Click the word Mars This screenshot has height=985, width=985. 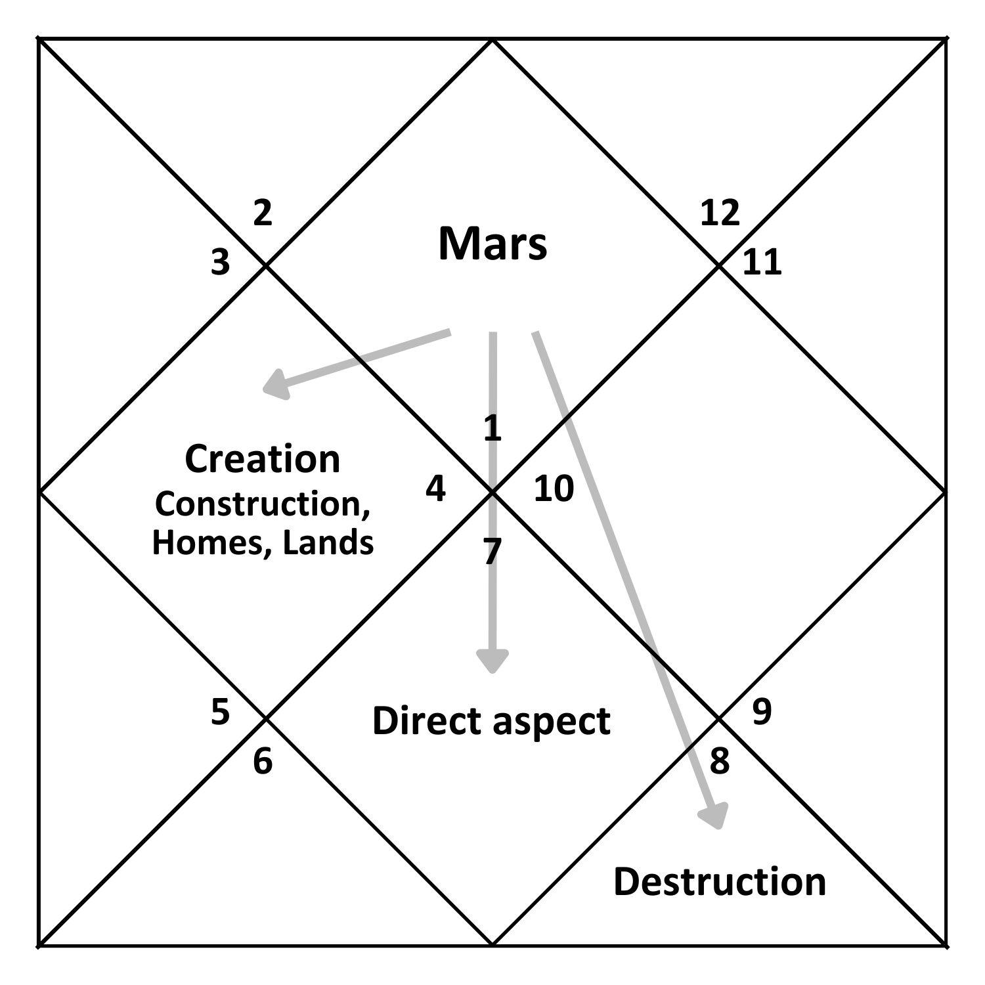click(492, 244)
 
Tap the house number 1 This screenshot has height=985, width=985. click(492, 429)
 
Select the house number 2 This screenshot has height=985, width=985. click(263, 213)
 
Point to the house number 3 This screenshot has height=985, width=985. click(221, 262)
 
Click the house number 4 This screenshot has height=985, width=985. click(435, 489)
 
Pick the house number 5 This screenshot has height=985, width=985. click(221, 712)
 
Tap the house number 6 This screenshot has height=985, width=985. click(263, 762)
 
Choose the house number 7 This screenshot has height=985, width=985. click(492, 552)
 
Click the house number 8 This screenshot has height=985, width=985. click(720, 761)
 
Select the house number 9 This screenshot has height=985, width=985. click(762, 712)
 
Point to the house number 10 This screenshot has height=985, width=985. click(554, 489)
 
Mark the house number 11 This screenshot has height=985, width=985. click(762, 262)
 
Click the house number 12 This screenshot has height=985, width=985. click(720, 213)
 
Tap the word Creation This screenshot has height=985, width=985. click(263, 459)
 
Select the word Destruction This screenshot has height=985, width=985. click(720, 881)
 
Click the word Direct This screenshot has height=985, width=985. click(426, 720)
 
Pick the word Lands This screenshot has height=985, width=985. click(328, 543)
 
